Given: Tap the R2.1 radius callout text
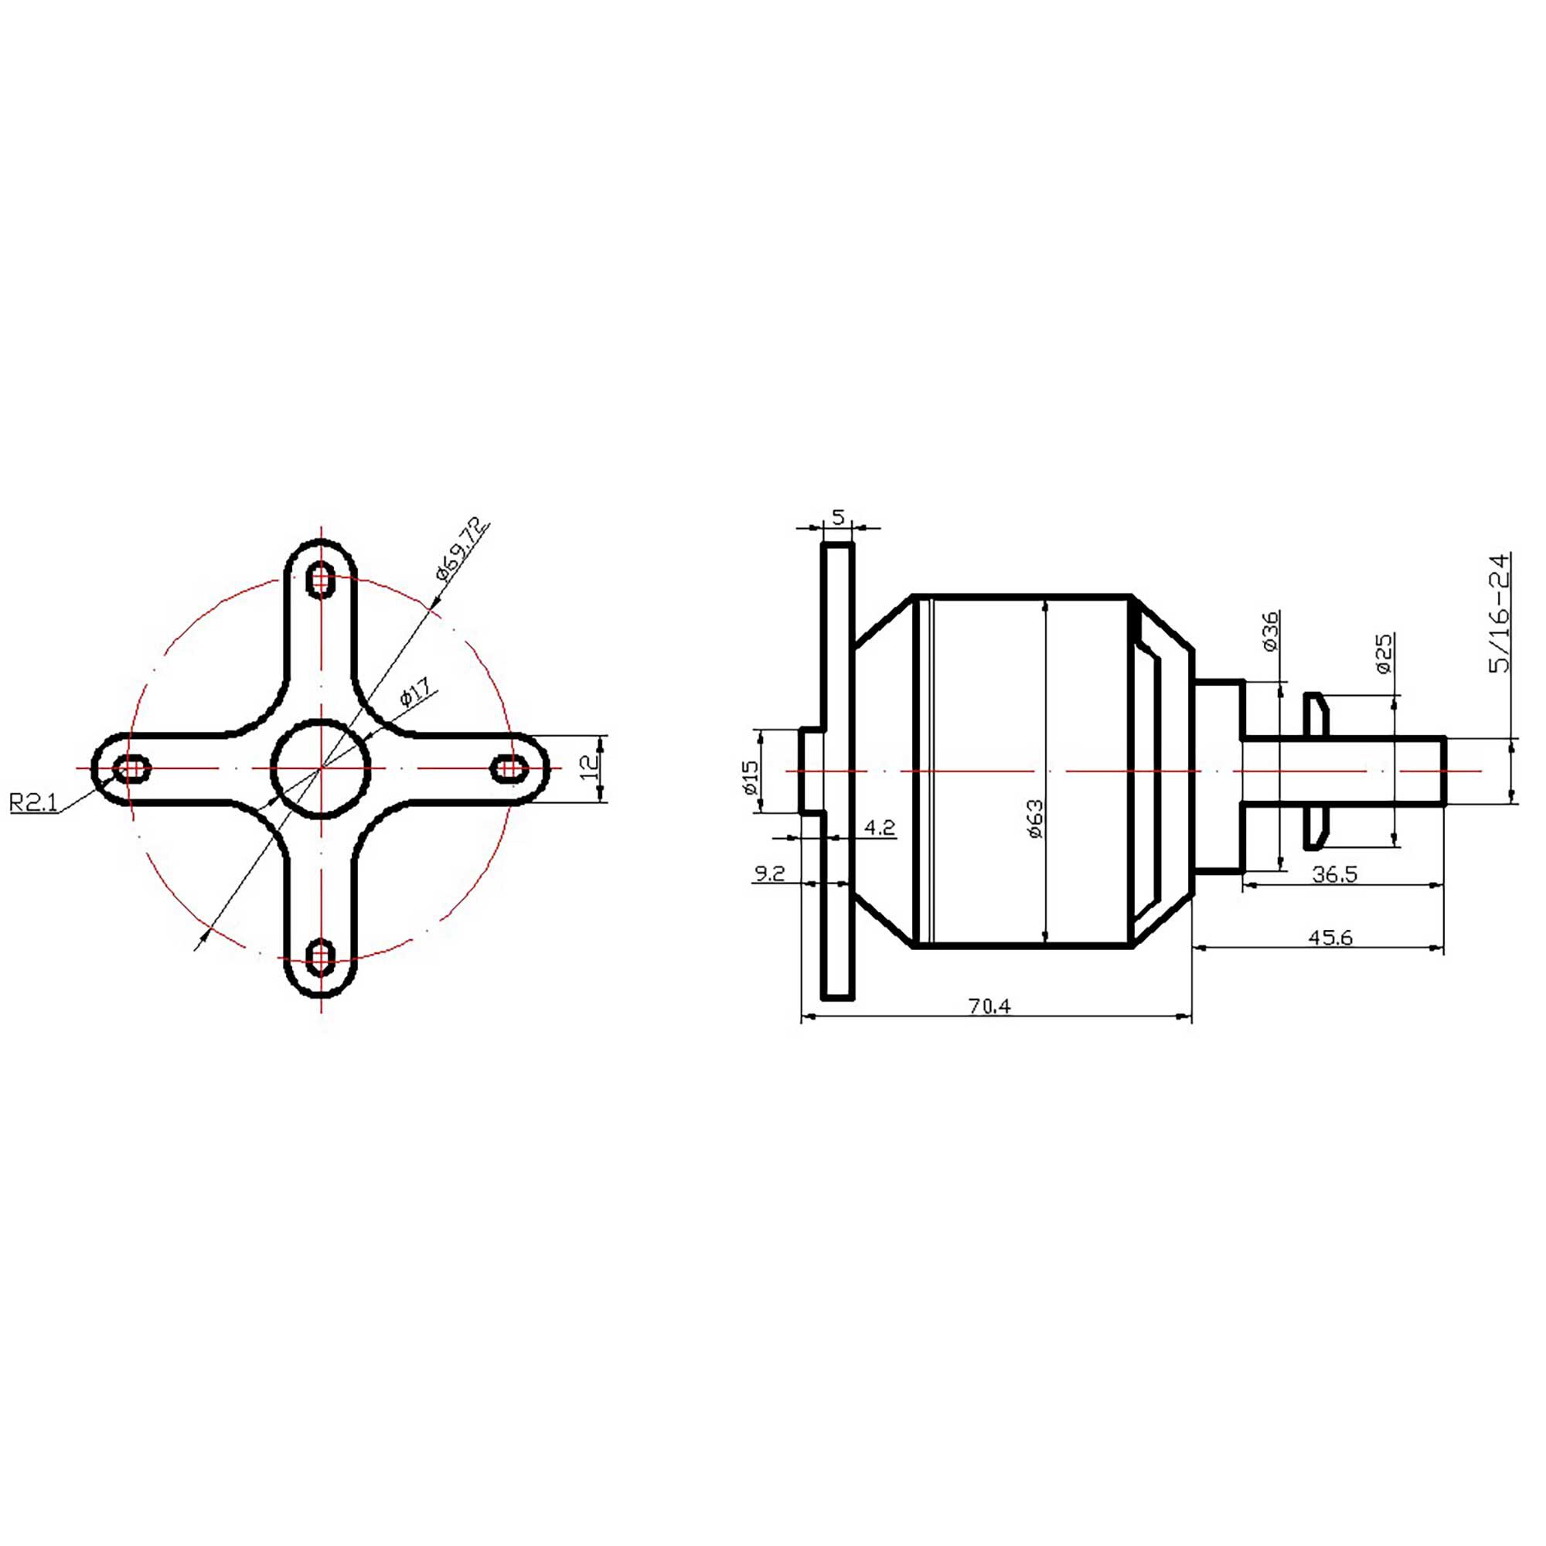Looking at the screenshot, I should click(33, 802).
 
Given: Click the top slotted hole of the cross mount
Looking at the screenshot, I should click(321, 579).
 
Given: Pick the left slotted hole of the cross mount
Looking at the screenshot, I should click(132, 769).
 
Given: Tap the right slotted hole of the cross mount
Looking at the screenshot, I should click(509, 769).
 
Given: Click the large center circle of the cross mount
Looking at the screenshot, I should click(321, 768).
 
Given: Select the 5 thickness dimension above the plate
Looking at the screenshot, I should click(838, 517).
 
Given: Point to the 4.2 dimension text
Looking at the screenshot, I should click(880, 827).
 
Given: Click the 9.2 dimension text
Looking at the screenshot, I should click(769, 873).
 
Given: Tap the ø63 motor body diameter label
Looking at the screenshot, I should click(1036, 819).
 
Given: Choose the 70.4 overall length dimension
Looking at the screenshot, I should click(990, 1006).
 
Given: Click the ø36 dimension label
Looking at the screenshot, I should click(1270, 632).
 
